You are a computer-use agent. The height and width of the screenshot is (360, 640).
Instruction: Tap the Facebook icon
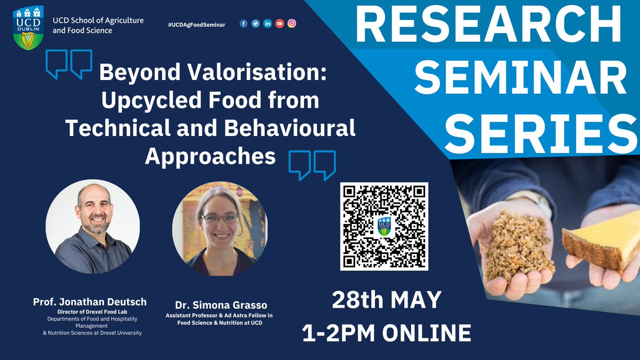[244, 23]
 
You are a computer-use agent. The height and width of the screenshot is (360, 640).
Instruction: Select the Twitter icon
[255, 23]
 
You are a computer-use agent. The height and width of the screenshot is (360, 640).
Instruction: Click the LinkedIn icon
[268, 23]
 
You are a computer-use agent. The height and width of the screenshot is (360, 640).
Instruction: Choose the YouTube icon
[279, 23]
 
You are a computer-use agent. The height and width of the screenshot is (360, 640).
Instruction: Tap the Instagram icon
[292, 23]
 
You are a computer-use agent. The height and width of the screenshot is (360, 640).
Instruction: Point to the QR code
[384, 226]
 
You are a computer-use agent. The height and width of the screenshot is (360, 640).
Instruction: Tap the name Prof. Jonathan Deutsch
[90, 302]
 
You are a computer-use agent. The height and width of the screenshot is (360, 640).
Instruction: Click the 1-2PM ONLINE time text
[386, 333]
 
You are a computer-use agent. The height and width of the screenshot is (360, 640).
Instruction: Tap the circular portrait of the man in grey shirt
[93, 226]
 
